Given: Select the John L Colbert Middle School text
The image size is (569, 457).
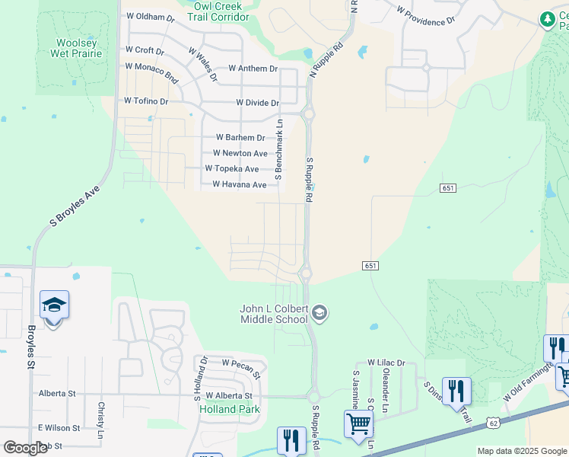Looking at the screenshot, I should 274,314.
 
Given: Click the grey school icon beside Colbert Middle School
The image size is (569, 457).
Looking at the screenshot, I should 319,313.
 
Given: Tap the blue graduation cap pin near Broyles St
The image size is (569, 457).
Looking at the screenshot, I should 54,306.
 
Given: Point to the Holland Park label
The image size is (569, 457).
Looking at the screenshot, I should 229,409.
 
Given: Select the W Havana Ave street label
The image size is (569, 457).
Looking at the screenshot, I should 239,184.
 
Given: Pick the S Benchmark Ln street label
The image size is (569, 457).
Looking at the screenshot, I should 279,150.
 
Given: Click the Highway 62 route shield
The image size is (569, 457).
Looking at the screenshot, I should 472,420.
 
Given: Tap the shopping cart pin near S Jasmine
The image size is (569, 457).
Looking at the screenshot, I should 358,423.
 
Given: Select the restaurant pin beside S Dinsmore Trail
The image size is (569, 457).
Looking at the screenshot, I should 456,390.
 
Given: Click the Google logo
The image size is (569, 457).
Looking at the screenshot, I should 24,448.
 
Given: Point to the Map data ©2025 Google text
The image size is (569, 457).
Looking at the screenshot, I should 522,451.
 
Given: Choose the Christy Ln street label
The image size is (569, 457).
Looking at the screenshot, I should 101,415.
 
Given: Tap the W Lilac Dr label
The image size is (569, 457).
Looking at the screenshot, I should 386,363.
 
